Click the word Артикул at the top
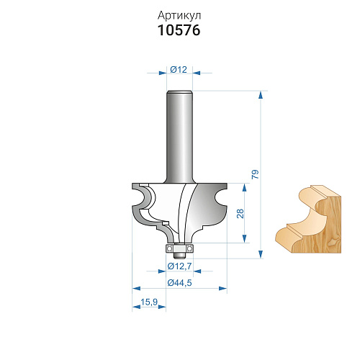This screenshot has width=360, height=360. coord(179,16)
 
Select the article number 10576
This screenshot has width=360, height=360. coord(179,30)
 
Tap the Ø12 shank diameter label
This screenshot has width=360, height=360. coord(179,70)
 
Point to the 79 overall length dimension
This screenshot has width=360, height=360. coord(256,174)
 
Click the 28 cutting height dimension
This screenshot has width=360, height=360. coord(240,213)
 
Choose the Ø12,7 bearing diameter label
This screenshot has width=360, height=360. coord(179,266)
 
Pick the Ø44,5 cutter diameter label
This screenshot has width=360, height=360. coord(179,283)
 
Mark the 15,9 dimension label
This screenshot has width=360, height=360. coord(149,302)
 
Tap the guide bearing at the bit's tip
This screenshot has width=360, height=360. coord(179,248)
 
